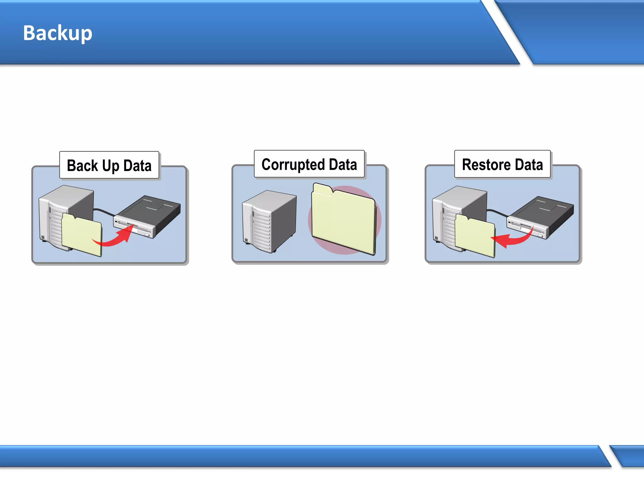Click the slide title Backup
click(58, 33)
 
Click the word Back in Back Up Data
click(82, 166)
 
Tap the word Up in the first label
click(111, 166)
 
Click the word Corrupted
click(293, 165)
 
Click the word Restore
click(486, 165)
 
